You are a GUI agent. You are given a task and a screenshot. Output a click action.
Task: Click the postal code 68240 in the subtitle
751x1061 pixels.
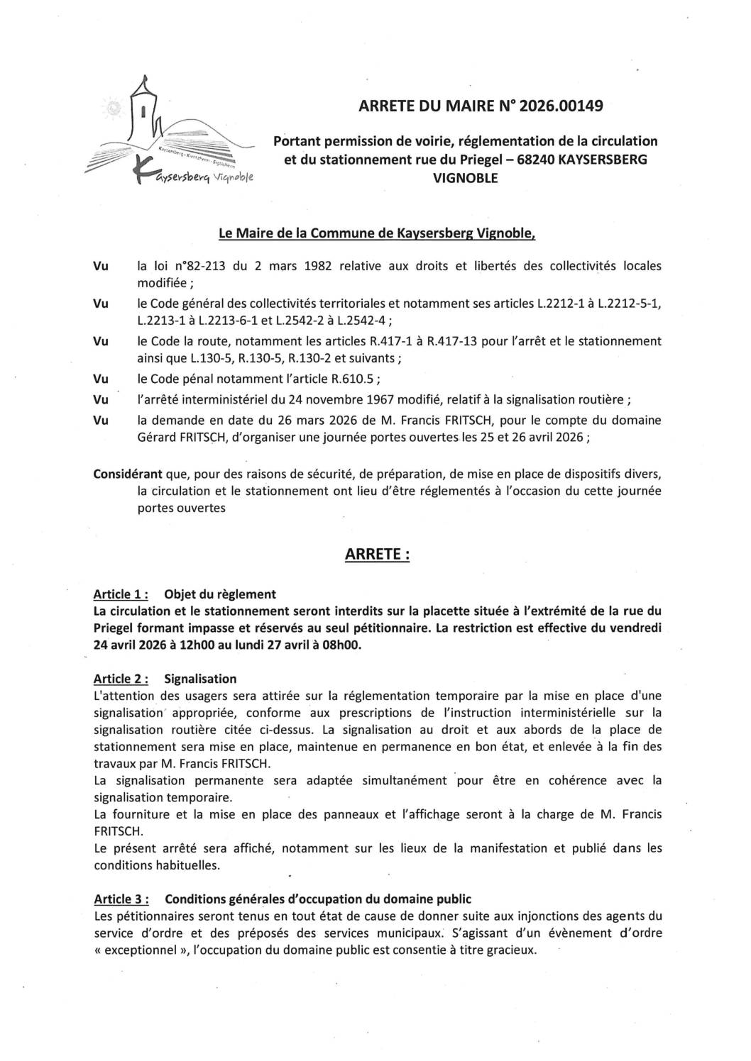coord(536,160)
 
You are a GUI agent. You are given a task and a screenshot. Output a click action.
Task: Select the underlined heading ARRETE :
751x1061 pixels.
coord(377,555)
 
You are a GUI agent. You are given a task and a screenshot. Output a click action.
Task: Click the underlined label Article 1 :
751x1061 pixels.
coord(120,594)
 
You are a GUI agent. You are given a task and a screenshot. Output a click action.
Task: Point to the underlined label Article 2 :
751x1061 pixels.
coord(121,679)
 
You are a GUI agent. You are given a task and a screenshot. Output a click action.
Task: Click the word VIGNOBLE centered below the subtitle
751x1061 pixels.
coord(465,177)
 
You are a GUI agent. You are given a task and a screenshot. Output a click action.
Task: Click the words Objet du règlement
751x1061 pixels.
coord(220,594)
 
